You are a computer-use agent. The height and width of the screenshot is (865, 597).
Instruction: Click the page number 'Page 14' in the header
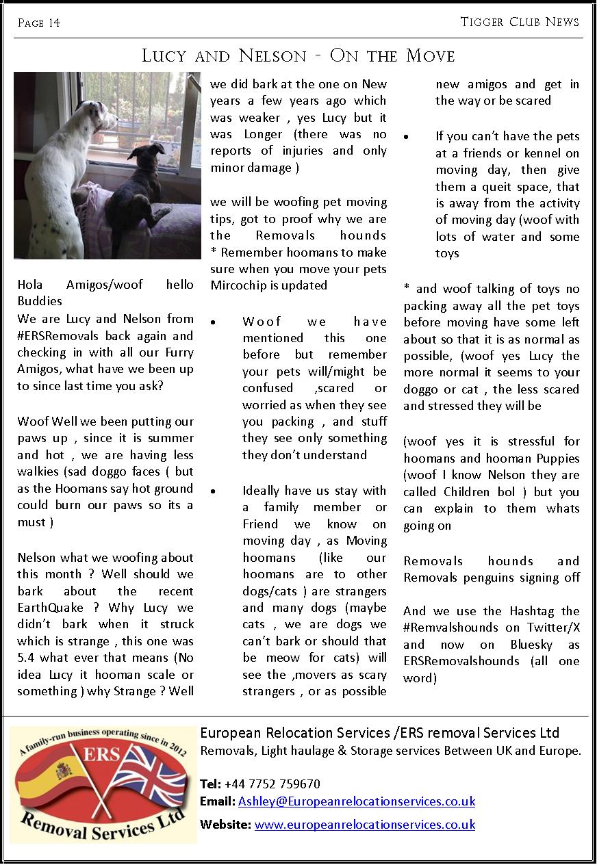pos(39,23)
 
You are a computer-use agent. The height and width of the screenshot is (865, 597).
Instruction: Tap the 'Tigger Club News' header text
pos(520,22)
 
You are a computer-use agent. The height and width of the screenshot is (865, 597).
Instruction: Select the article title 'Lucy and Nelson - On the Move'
pos(298,55)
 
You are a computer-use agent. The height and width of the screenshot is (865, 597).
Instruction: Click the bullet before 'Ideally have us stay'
pos(214,491)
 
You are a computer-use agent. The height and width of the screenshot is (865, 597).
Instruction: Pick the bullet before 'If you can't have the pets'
pos(407,136)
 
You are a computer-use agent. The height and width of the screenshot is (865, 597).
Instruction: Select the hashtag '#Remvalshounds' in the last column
pos(447,628)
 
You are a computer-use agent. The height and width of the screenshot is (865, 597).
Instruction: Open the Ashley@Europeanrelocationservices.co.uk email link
pos(356,801)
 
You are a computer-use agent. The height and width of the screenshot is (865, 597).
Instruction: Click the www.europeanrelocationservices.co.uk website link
pos(364,825)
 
